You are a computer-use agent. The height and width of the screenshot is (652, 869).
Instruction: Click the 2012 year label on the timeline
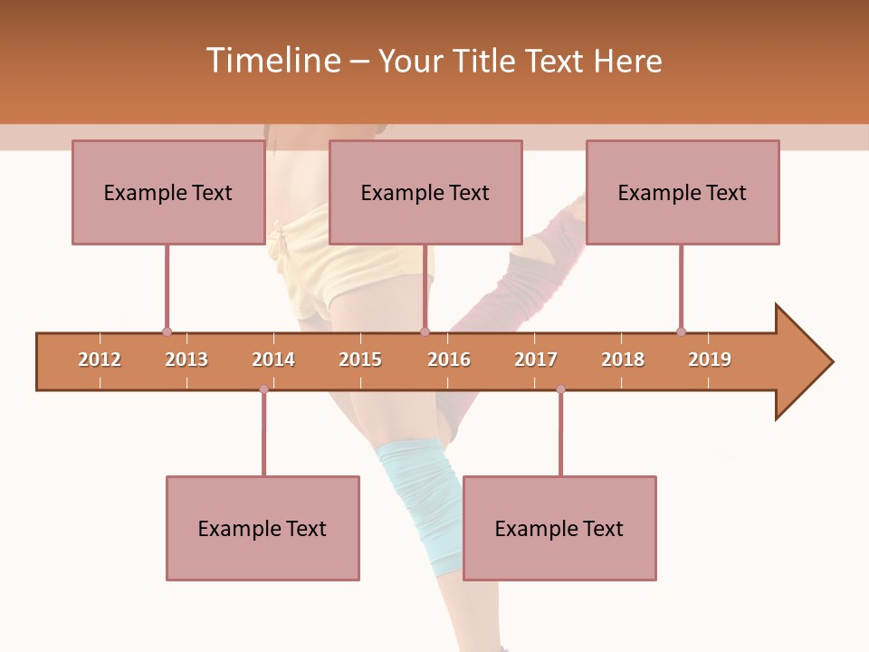[x=100, y=360]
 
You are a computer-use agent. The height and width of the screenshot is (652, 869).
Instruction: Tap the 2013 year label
[x=186, y=360]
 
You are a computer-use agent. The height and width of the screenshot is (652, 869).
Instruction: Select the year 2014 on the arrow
[x=273, y=360]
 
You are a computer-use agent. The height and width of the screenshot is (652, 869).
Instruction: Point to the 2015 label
[x=360, y=360]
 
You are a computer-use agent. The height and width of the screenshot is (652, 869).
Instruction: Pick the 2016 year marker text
[x=449, y=360]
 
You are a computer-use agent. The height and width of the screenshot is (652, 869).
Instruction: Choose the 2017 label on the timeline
[x=536, y=360]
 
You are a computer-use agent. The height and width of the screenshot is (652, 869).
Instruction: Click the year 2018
[x=623, y=360]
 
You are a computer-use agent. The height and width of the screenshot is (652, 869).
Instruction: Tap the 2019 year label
[x=710, y=360]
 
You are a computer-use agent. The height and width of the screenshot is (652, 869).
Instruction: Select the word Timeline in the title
[x=272, y=61]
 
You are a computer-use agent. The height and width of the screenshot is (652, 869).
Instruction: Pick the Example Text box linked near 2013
[x=168, y=193]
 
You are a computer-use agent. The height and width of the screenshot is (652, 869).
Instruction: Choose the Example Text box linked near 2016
[x=425, y=193]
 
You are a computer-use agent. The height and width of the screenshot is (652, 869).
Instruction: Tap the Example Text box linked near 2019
[x=683, y=193]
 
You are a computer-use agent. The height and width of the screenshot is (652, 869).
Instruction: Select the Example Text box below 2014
[x=263, y=529]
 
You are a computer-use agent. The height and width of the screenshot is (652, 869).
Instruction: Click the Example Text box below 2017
[x=559, y=529]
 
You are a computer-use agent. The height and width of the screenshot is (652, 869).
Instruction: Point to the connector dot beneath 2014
[x=263, y=389]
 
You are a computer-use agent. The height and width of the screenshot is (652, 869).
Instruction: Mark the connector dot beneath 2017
[x=560, y=389]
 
